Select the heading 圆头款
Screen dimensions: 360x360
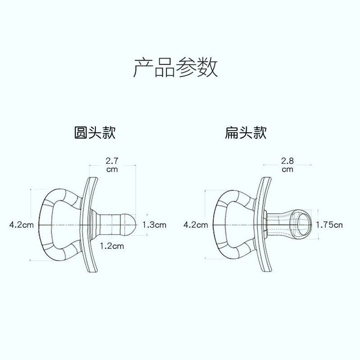(95, 133)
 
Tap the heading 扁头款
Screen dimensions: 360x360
(246, 133)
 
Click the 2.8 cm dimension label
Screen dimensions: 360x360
(287, 165)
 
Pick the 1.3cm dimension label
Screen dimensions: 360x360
(154, 224)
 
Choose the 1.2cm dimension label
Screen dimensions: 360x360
(112, 246)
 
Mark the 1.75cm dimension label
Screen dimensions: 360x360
(329, 224)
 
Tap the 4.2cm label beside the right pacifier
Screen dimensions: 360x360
(196, 224)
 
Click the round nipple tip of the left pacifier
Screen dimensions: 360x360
(129, 224)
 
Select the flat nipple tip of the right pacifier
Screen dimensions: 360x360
(302, 223)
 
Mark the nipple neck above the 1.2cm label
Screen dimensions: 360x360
(108, 224)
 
